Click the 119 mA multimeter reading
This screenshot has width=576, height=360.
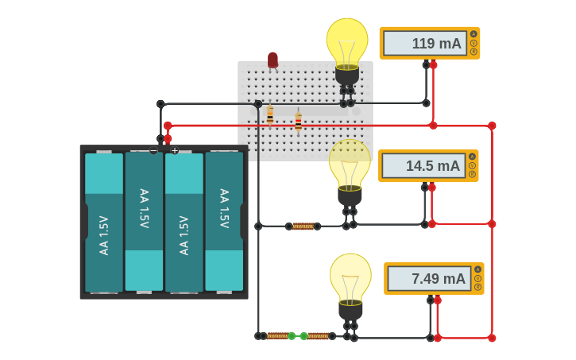tap(425, 44)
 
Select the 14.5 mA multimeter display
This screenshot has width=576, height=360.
tap(423, 166)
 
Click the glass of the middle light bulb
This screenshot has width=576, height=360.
tap(350, 163)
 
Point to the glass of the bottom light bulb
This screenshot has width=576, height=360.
tap(350, 277)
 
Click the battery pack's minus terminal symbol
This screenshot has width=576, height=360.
tap(153, 150)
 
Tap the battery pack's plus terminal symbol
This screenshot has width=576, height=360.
tap(175, 150)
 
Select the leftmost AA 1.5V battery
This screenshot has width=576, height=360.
tap(104, 223)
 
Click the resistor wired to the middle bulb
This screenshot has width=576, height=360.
tap(303, 226)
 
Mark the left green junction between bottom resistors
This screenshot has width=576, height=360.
tap(292, 336)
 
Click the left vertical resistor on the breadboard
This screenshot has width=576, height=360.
tap(270, 116)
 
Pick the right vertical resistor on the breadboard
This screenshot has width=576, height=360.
tap(298, 121)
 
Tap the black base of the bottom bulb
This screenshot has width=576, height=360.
tap(350, 311)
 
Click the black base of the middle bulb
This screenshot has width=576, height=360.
tap(350, 196)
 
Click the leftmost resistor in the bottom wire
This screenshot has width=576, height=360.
tap(277, 336)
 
